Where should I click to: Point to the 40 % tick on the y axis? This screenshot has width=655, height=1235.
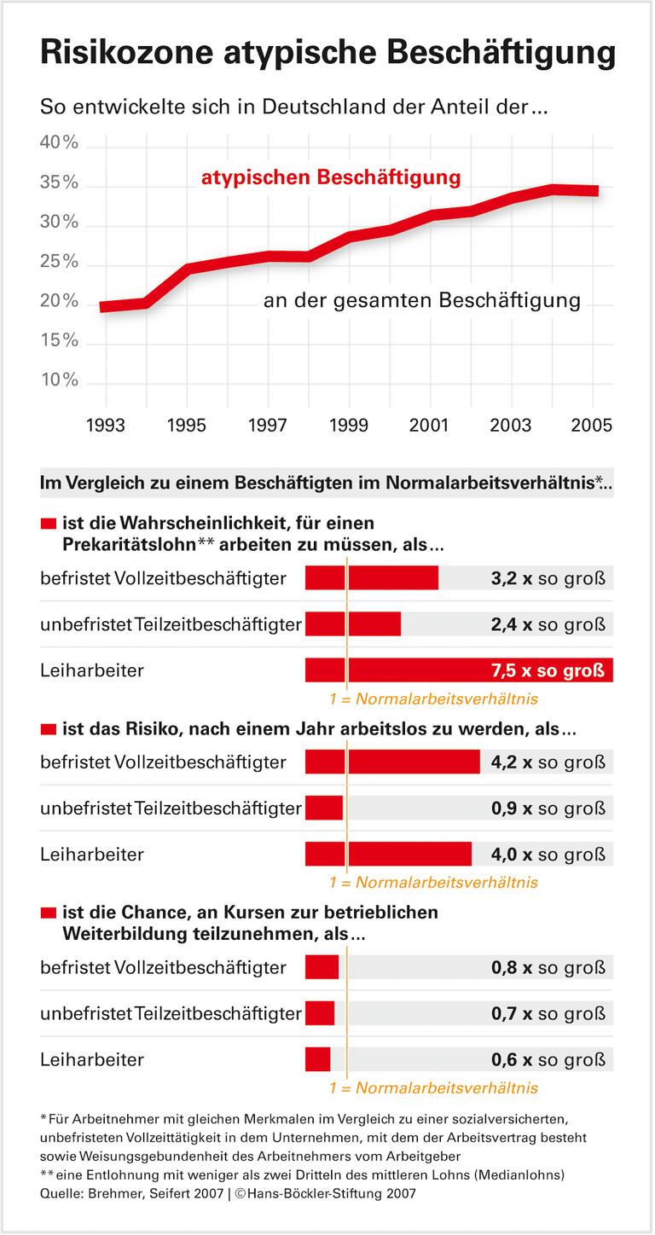(x=59, y=143)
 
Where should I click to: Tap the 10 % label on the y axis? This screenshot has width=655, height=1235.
(x=59, y=380)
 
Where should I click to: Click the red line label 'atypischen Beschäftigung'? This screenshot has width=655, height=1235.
(x=331, y=178)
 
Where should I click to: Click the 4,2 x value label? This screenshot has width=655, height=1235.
(x=512, y=762)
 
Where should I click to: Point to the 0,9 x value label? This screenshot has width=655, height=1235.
(x=512, y=808)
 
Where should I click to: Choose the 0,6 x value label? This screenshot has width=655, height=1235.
(x=512, y=1060)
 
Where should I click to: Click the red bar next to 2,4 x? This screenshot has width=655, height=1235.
(x=353, y=623)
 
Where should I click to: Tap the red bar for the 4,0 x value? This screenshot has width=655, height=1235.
(x=388, y=854)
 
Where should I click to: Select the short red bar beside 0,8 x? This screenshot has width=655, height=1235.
(x=322, y=968)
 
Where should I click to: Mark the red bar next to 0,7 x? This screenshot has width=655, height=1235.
(x=320, y=1014)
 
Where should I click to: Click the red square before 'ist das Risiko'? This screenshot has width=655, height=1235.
(x=48, y=730)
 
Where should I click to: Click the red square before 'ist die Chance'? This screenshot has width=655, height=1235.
(x=48, y=913)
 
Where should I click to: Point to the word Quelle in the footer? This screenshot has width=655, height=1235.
(x=61, y=1193)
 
